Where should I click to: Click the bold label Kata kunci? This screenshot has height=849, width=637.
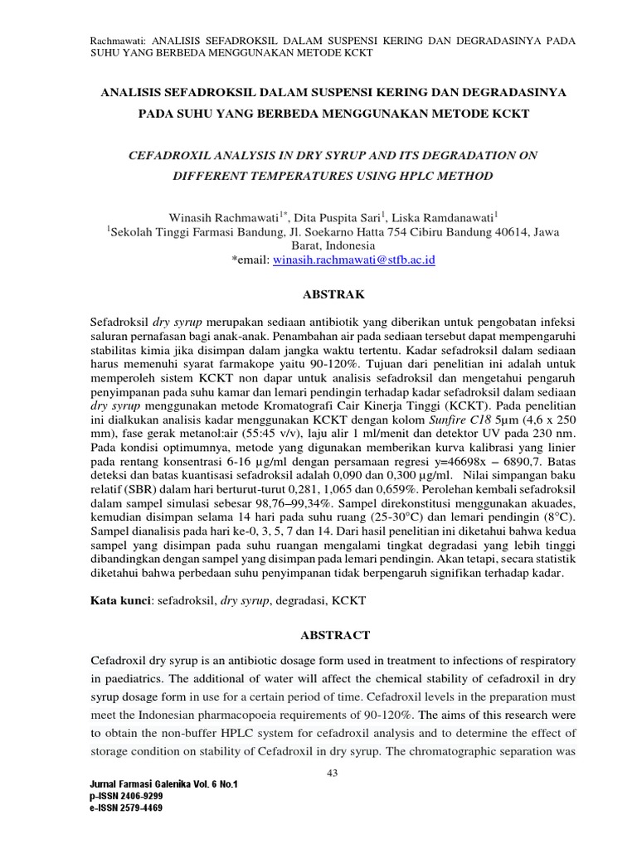click(119, 599)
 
